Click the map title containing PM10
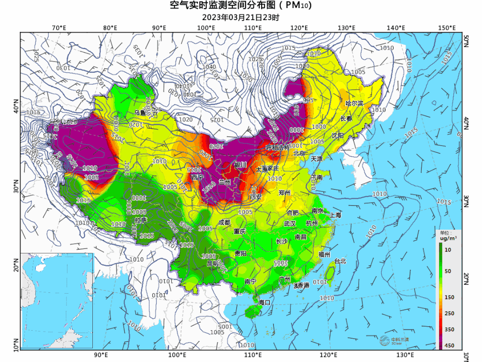241,6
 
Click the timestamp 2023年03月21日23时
241,18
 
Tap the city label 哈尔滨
354,103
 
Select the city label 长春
346,119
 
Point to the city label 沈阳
337,135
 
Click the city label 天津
316,159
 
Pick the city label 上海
335,215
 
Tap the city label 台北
340,261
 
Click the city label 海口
265,303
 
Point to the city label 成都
224,223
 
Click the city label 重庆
240,232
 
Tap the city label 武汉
290,223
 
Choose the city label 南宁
250,282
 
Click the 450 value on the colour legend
449,345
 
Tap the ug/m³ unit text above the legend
447,239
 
